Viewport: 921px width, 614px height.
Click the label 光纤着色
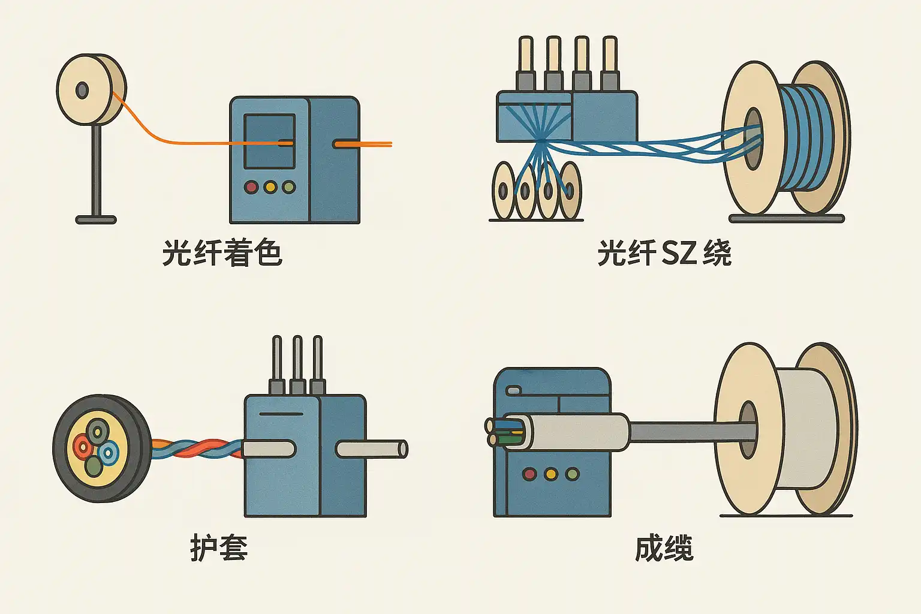(x=222, y=253)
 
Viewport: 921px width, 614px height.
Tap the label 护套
(x=219, y=547)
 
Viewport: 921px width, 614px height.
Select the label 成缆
(x=664, y=547)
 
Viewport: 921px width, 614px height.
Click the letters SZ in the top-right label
(x=679, y=253)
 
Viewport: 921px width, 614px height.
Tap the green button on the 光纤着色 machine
(x=289, y=187)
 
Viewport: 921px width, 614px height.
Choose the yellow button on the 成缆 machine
(x=550, y=474)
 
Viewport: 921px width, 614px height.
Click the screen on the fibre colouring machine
(x=269, y=142)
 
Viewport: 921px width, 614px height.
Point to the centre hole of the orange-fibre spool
(x=82, y=91)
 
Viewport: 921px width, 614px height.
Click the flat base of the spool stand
(x=96, y=220)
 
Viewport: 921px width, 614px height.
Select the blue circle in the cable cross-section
(x=109, y=453)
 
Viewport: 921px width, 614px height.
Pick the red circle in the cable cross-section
(x=82, y=446)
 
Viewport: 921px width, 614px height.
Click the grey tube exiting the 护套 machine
(x=372, y=449)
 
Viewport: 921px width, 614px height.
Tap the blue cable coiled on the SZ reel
(x=806, y=138)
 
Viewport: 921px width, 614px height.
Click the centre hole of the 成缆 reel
(x=748, y=429)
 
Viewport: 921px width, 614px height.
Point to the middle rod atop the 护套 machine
(x=297, y=360)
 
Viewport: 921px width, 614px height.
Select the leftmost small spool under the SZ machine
(x=503, y=191)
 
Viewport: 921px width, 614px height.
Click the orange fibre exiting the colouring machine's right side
(x=366, y=144)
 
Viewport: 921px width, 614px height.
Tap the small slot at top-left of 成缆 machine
(x=514, y=391)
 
